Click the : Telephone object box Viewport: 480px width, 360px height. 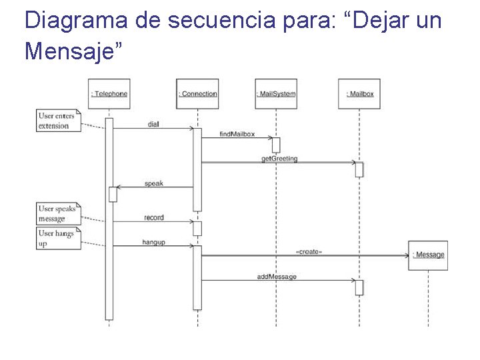[x=109, y=94]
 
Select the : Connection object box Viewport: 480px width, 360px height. [x=197, y=94]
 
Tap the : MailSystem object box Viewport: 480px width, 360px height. [x=275, y=94]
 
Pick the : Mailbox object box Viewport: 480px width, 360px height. [x=359, y=94]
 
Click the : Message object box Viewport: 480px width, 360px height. [x=428, y=255]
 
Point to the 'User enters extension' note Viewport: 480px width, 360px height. [x=58, y=121]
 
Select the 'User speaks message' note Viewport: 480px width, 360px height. [x=58, y=213]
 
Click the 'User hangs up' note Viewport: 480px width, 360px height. [x=58, y=238]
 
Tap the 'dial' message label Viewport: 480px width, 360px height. [x=154, y=125]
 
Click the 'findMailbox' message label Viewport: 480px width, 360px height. [x=237, y=134]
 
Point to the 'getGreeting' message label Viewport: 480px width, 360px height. [x=279, y=159]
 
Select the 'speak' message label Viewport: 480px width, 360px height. [x=154, y=183]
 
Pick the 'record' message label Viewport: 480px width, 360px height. [x=154, y=217]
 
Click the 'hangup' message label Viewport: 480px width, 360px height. [x=153, y=242]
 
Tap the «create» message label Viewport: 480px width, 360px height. [x=309, y=251]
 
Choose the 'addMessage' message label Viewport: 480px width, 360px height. [x=277, y=276]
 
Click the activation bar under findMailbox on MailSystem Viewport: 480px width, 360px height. [x=276, y=145]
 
